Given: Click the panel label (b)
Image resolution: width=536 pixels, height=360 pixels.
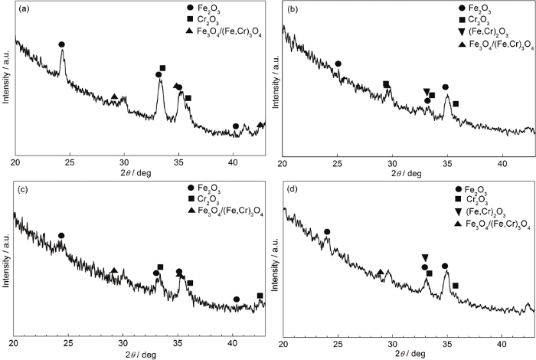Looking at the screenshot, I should [292, 11].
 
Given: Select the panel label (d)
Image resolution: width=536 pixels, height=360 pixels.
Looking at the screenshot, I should [292, 189].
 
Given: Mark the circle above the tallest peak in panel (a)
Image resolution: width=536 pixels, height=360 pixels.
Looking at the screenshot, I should [61, 44].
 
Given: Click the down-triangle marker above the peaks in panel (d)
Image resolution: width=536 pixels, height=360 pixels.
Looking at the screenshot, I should [425, 257].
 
